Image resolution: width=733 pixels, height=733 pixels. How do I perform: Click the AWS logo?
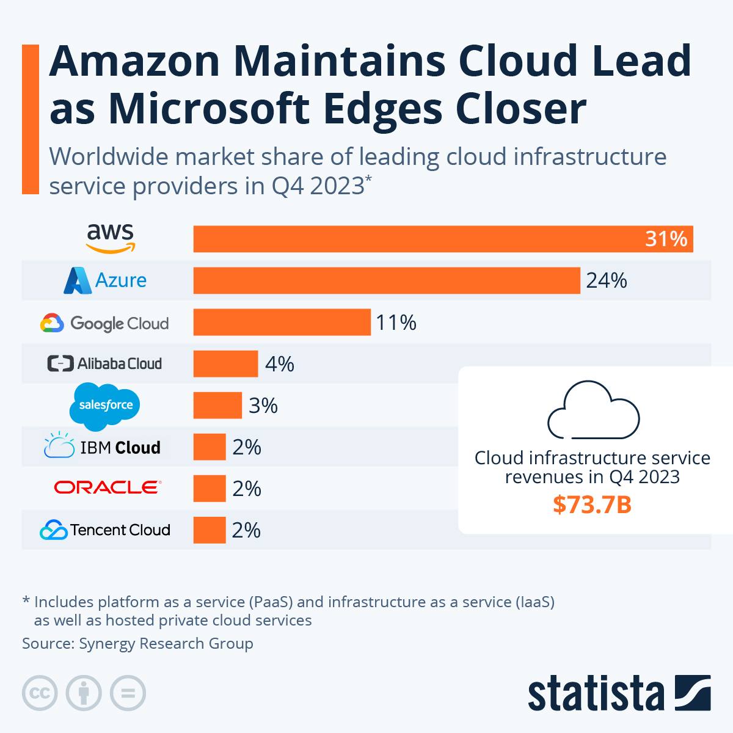click(111, 238)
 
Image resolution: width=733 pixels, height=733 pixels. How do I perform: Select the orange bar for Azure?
click(386, 280)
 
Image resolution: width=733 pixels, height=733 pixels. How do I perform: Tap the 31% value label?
click(666, 239)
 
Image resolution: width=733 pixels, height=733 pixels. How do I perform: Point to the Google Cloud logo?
click(104, 323)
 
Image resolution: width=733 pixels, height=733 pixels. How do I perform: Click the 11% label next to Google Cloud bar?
click(396, 323)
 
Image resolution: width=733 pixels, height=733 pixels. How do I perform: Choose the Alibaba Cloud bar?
click(225, 364)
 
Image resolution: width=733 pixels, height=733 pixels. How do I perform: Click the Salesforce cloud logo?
click(105, 405)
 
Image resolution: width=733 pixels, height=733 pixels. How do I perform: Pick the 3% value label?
click(263, 406)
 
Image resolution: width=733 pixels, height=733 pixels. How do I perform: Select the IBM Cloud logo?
click(103, 447)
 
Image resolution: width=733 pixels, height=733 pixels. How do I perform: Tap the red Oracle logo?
click(108, 487)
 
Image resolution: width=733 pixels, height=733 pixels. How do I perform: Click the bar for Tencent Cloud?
click(210, 530)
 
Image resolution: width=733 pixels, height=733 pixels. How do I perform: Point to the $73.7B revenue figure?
click(592, 505)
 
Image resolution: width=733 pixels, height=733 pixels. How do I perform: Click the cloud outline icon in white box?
click(593, 410)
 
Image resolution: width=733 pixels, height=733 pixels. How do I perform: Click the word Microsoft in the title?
click(210, 109)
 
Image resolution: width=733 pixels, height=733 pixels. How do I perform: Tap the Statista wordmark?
click(596, 695)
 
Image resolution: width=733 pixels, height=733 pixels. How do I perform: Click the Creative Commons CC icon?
click(40, 693)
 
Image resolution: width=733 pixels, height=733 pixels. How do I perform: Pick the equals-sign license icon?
click(128, 693)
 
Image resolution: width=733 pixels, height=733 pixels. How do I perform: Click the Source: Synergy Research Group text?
click(137, 643)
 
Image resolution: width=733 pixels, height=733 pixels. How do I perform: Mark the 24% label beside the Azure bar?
click(607, 280)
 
